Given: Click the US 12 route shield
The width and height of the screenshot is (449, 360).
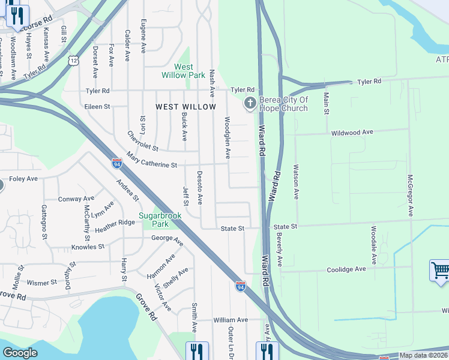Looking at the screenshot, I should coord(73,61).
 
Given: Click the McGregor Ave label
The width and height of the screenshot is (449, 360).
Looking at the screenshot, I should coord(410,196).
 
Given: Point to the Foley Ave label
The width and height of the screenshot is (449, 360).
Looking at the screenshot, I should coord(23,179).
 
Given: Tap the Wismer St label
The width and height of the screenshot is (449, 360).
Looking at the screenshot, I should coord(41,282).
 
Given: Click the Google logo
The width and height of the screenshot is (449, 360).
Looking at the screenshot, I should coord(20,353).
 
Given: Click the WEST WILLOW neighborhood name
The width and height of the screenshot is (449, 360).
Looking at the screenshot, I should coord(185,106).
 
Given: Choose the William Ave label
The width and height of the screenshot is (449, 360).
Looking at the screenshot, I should coord(230,320).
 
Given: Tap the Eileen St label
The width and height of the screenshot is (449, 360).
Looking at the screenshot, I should coord(98,106).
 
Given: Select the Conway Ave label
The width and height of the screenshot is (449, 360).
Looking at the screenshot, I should coord(76,199).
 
